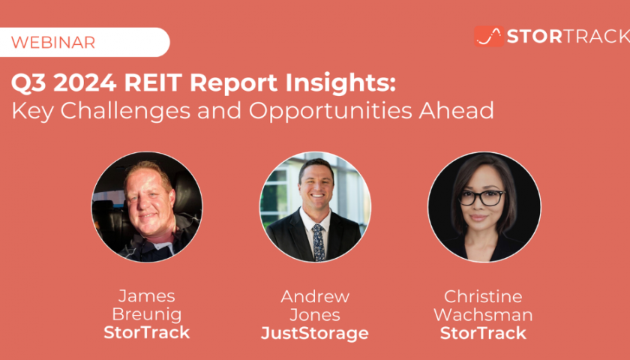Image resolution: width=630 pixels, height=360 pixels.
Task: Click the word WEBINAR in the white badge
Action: (x=53, y=42)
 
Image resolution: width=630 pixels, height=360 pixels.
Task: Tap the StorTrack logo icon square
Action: (x=488, y=37)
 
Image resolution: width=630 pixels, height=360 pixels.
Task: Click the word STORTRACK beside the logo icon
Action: (x=568, y=37)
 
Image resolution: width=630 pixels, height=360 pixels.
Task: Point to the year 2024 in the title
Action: (x=85, y=82)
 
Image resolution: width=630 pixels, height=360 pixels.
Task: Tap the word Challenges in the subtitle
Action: (x=125, y=110)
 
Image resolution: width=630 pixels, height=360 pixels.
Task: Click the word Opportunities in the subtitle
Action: (x=330, y=111)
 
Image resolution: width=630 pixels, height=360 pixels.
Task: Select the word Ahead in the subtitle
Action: (x=456, y=110)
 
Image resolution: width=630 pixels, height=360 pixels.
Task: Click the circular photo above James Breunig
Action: (x=147, y=207)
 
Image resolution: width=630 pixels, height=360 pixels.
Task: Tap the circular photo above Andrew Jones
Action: (x=315, y=207)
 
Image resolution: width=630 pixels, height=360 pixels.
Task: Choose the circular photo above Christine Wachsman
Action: (x=484, y=207)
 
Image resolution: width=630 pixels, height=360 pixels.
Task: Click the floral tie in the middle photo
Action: (x=318, y=242)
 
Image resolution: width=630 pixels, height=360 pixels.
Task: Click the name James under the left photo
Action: (x=147, y=296)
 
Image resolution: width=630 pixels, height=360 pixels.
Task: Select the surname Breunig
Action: (x=147, y=315)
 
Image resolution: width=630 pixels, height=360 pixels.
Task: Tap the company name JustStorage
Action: (x=314, y=334)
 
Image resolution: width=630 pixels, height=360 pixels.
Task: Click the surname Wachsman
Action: (x=483, y=315)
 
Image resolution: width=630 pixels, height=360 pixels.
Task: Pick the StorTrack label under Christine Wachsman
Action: (x=483, y=333)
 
